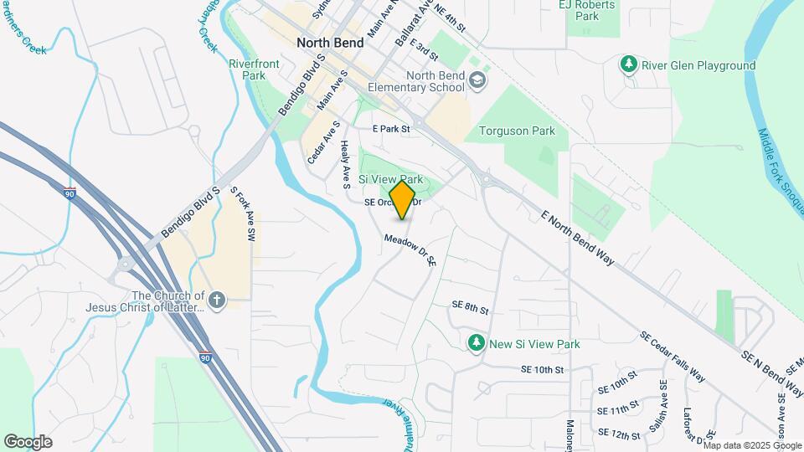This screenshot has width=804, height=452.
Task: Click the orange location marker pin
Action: pyautogui.click(x=403, y=200)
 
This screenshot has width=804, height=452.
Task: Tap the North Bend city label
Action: pyautogui.click(x=330, y=43)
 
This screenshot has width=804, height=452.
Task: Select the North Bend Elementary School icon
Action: pyautogui.click(x=477, y=80)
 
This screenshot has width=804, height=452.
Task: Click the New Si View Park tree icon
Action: pyautogui.click(x=476, y=343)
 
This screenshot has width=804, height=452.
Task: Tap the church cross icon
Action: pyautogui.click(x=217, y=300)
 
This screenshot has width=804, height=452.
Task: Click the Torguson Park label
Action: pyautogui.click(x=517, y=131)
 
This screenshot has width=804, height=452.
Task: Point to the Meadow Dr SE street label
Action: pyautogui.click(x=410, y=250)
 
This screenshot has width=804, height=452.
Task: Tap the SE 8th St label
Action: pyautogui.click(x=469, y=308)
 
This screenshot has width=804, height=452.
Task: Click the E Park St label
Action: pyautogui.click(x=391, y=130)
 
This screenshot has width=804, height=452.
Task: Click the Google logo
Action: pyautogui.click(x=28, y=442)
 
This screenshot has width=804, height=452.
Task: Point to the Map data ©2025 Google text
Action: pyautogui.click(x=751, y=445)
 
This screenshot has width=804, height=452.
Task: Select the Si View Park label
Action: pyautogui.click(x=390, y=180)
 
